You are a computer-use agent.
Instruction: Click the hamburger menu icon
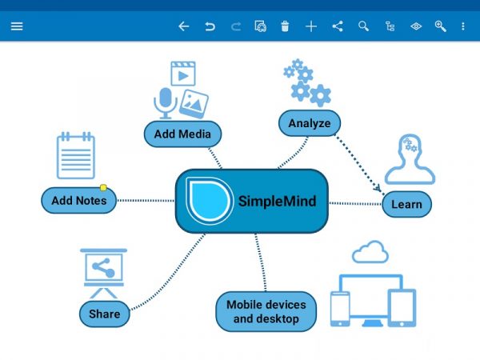pyautogui.click(x=17, y=26)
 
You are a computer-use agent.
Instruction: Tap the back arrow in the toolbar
pyautogui.click(x=183, y=26)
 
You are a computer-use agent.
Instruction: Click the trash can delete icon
pyautogui.click(x=286, y=26)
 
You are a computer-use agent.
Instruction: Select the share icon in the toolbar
pyautogui.click(x=338, y=26)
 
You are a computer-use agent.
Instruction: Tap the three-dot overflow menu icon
pyautogui.click(x=463, y=26)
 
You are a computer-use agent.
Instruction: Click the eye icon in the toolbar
pyautogui.click(x=416, y=26)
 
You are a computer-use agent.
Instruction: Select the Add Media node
pyautogui.click(x=182, y=134)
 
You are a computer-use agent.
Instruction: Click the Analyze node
pyautogui.click(x=310, y=123)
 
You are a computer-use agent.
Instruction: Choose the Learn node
pyautogui.click(x=406, y=204)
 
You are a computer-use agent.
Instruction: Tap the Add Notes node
pyautogui.click(x=78, y=200)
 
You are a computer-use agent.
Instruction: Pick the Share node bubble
pyautogui.click(x=104, y=314)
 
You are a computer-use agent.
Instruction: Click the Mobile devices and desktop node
pyautogui.click(x=266, y=312)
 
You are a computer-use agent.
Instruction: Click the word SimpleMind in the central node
pyautogui.click(x=277, y=201)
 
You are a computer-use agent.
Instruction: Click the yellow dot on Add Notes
pyautogui.click(x=103, y=188)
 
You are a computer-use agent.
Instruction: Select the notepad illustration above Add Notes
pyautogui.click(x=75, y=156)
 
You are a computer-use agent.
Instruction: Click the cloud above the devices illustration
pyautogui.click(x=370, y=253)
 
